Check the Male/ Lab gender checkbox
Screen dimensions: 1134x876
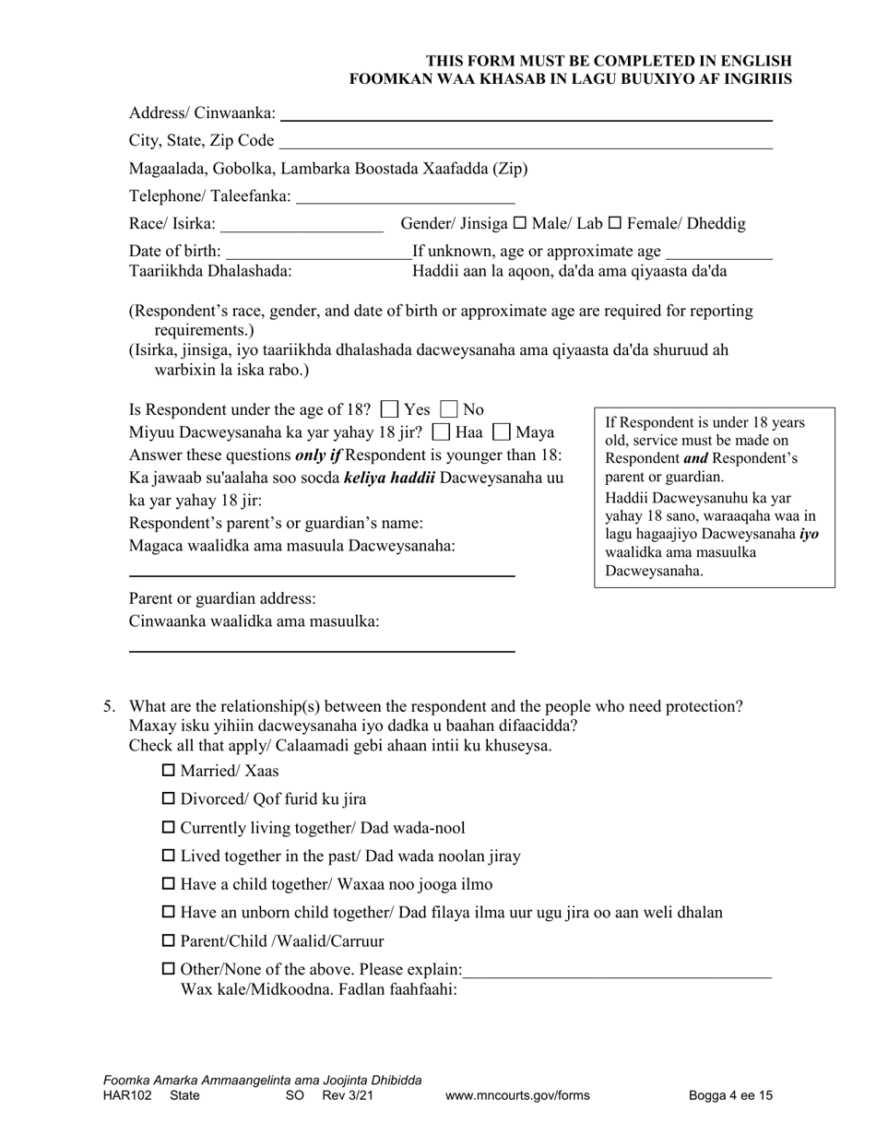519,224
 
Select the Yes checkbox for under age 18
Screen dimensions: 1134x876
390,409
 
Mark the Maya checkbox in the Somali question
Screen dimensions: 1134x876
503,431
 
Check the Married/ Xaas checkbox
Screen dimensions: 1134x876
168,771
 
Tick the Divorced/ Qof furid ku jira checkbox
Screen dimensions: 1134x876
168,799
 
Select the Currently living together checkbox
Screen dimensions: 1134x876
168,828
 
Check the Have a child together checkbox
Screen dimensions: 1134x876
168,884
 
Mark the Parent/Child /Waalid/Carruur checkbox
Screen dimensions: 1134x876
168,941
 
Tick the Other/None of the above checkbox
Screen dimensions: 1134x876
168,970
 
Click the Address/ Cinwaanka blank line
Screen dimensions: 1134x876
526,114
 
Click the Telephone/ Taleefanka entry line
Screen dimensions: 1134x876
406,197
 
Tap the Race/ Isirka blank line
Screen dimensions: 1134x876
302,225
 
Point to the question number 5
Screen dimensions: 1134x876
109,707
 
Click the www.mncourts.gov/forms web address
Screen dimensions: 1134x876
517,1096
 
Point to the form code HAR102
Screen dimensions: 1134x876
125,1096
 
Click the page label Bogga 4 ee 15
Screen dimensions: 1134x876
730,1096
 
